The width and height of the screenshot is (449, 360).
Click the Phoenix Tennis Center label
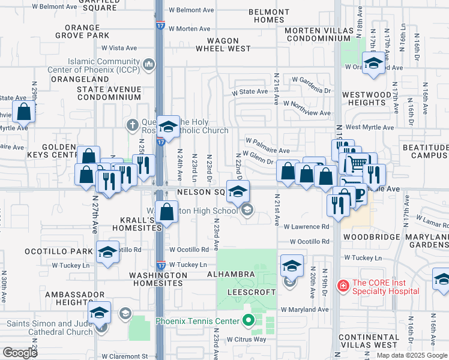[x=197, y=321]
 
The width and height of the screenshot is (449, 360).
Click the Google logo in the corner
[x=20, y=353]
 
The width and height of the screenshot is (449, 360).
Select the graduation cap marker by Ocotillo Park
[x=107, y=252]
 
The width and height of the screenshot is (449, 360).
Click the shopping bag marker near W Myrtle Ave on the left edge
[x=24, y=112]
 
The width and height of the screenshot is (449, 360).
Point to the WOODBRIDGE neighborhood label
[x=371, y=237]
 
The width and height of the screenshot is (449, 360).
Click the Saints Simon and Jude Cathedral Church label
[x=50, y=328]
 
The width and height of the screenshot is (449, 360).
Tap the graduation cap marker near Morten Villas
[x=374, y=63]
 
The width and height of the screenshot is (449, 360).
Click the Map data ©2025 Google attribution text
[x=411, y=355]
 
